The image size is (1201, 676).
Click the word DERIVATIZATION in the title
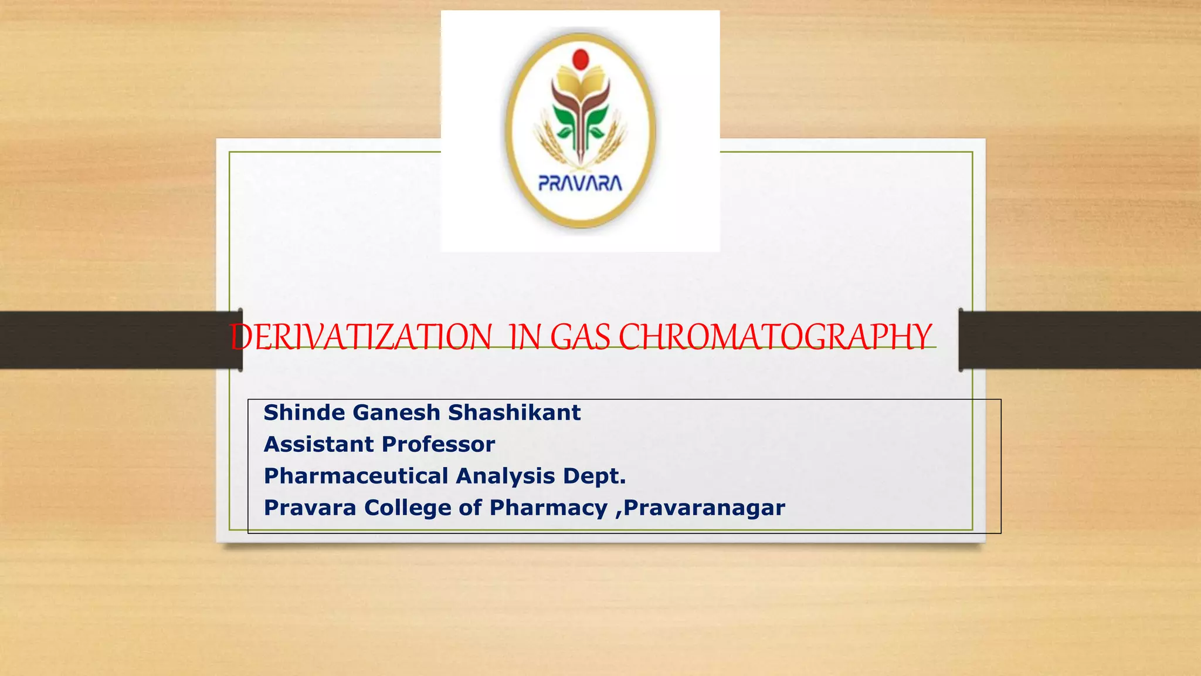(361, 337)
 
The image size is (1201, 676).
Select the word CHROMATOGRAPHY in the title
(775, 337)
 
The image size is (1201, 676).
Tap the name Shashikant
(514, 413)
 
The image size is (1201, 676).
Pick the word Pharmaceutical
(356, 476)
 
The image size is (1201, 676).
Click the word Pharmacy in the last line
(548, 508)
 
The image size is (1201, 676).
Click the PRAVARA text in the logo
(580, 184)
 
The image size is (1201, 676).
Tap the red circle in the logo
(581, 59)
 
